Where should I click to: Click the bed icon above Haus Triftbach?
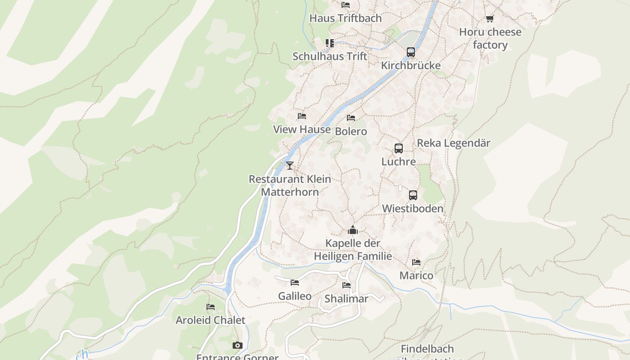346,5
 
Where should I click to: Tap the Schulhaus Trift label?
330,56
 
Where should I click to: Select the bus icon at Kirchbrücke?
411,52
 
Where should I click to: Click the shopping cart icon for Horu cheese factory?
490,18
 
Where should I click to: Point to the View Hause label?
302,129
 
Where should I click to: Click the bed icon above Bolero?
351,118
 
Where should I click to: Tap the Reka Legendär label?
454,143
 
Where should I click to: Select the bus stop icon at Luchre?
398,148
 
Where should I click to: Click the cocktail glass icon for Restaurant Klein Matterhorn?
290,166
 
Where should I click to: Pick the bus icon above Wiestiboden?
413,195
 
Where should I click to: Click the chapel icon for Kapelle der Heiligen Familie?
353,230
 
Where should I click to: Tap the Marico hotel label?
416,275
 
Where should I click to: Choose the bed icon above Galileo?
295,283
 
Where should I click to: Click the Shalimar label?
346,298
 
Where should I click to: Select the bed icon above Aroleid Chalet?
211,307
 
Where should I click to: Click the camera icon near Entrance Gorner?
238,345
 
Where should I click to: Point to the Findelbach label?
427,349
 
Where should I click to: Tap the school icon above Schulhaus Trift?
330,43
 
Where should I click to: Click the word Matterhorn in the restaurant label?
290,192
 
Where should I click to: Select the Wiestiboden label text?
413,208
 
